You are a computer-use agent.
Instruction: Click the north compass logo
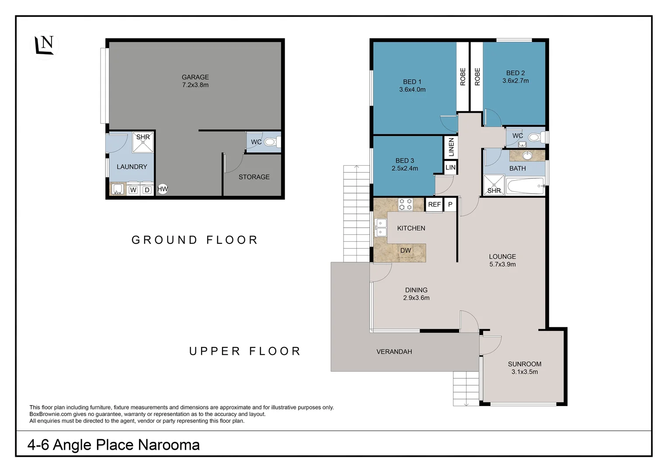(x=45, y=45)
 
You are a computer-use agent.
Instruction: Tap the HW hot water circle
(x=163, y=189)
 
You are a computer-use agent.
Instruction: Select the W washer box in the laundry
(x=133, y=190)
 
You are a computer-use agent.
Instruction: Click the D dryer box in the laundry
(x=147, y=190)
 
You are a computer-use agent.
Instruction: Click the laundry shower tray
(x=143, y=142)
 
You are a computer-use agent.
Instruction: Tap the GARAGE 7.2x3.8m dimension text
(x=195, y=85)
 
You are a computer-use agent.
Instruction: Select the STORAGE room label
(x=254, y=177)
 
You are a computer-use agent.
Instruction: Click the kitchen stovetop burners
(x=406, y=204)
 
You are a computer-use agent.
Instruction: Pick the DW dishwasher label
(x=406, y=250)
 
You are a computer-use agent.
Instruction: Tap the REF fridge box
(x=434, y=205)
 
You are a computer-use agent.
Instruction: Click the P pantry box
(x=450, y=205)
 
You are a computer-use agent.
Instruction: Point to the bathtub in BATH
(x=526, y=186)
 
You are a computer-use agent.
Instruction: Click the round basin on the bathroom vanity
(x=527, y=156)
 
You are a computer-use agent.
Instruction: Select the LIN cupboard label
(x=450, y=167)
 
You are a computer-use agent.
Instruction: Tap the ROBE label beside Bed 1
(x=463, y=77)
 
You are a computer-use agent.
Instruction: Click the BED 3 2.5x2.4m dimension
(x=405, y=168)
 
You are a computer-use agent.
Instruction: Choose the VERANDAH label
(x=394, y=351)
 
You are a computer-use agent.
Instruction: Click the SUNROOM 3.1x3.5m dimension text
(x=525, y=372)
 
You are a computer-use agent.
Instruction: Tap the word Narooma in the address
(x=169, y=445)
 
